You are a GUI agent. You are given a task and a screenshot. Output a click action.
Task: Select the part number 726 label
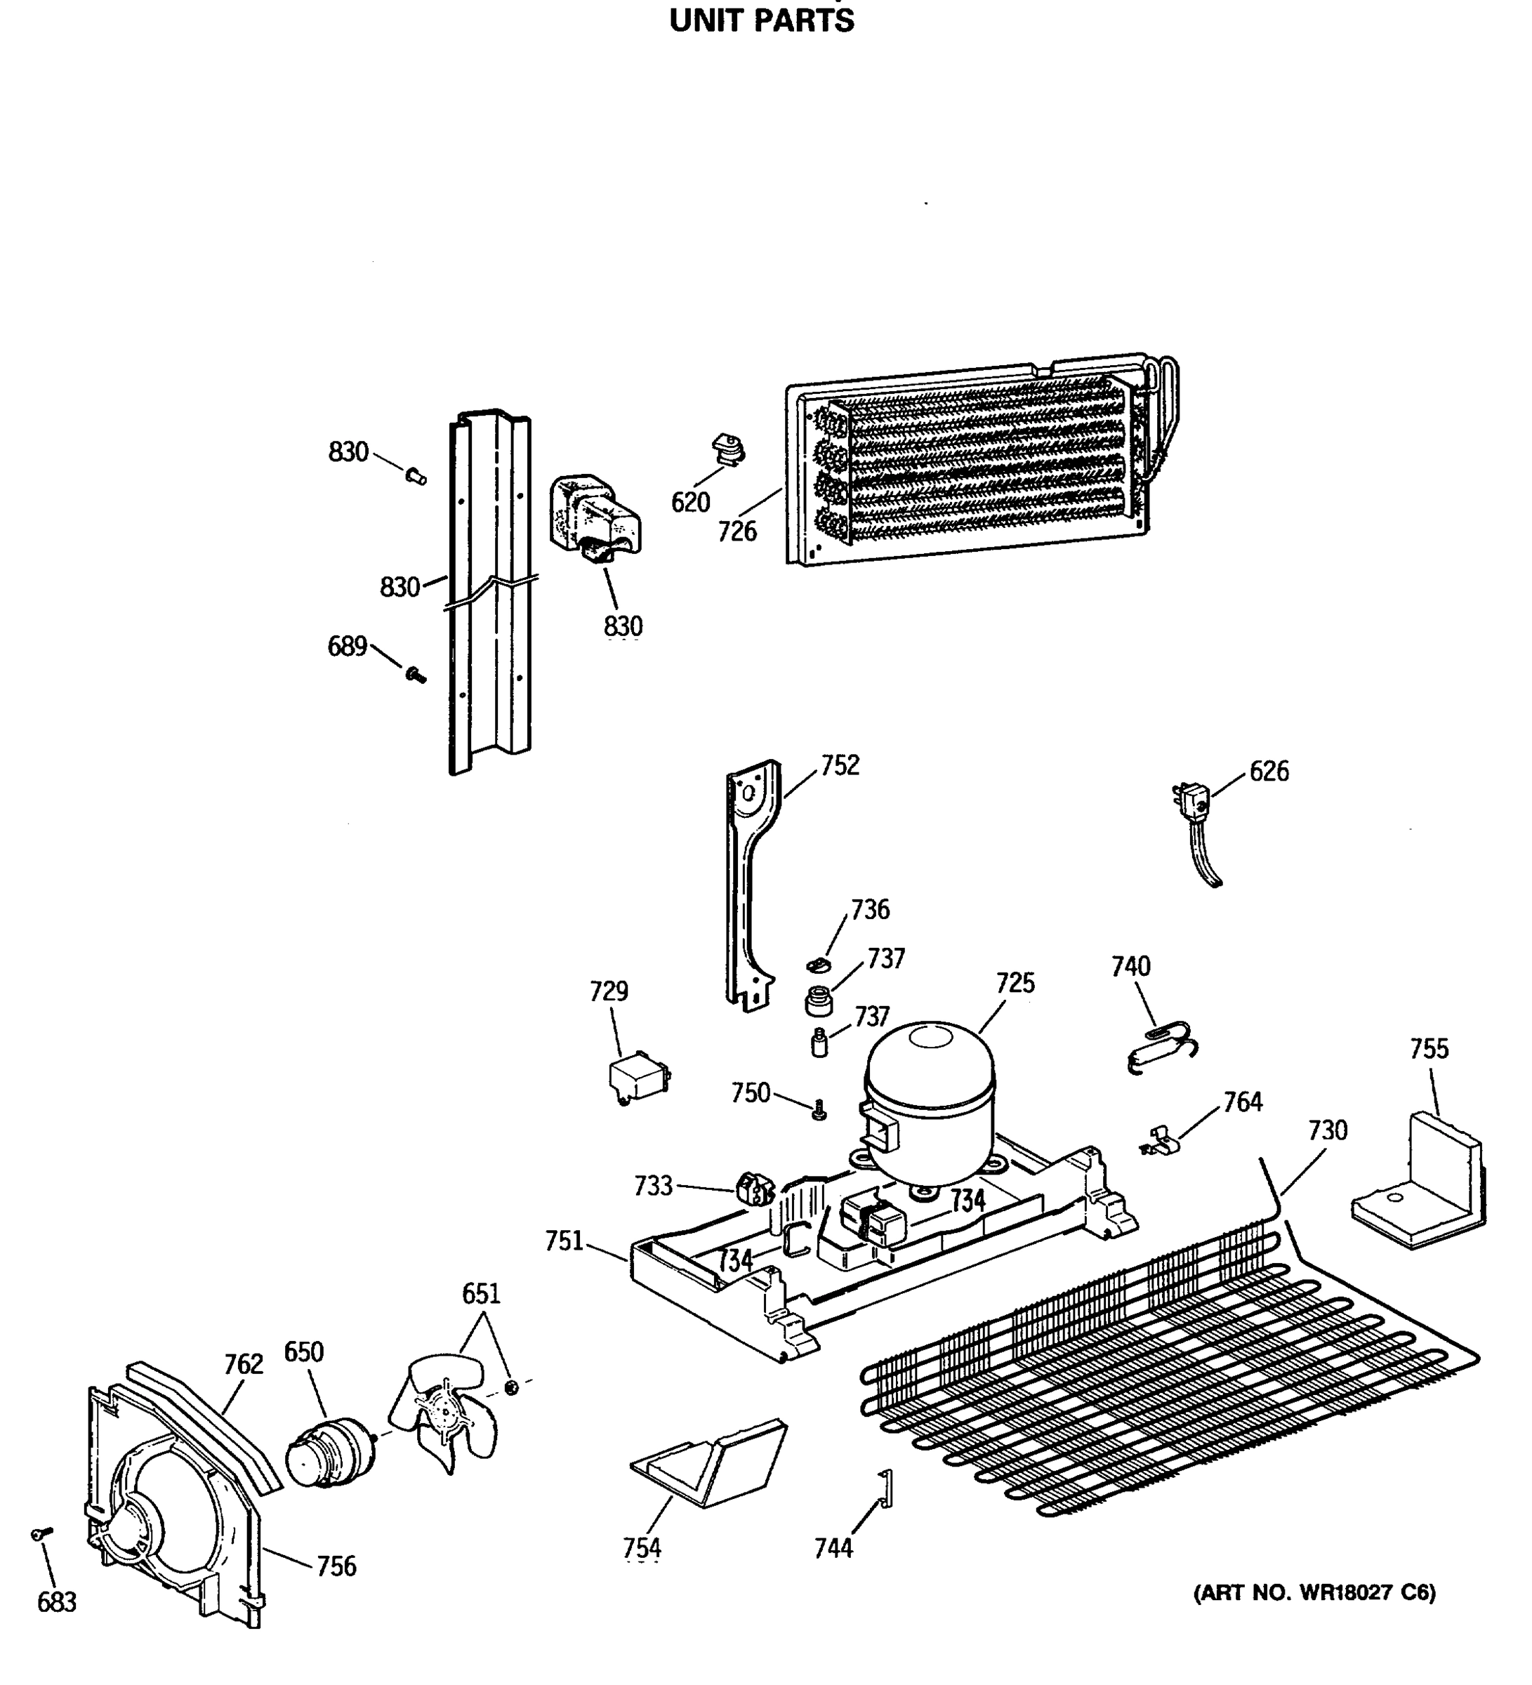tap(737, 531)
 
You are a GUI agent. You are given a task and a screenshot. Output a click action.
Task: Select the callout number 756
tap(336, 1566)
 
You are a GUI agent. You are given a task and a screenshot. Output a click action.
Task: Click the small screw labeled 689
tap(414, 675)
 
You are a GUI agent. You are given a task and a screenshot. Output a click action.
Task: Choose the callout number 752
tap(839, 765)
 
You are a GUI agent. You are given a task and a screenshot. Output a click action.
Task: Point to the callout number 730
tap(1327, 1131)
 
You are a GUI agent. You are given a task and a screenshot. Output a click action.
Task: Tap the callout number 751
tap(564, 1241)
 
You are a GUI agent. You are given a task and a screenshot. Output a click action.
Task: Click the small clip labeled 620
tap(728, 451)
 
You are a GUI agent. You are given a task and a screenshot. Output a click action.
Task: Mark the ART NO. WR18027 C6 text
tap(1314, 1593)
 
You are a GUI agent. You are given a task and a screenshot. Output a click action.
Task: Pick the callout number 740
tap(1130, 966)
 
